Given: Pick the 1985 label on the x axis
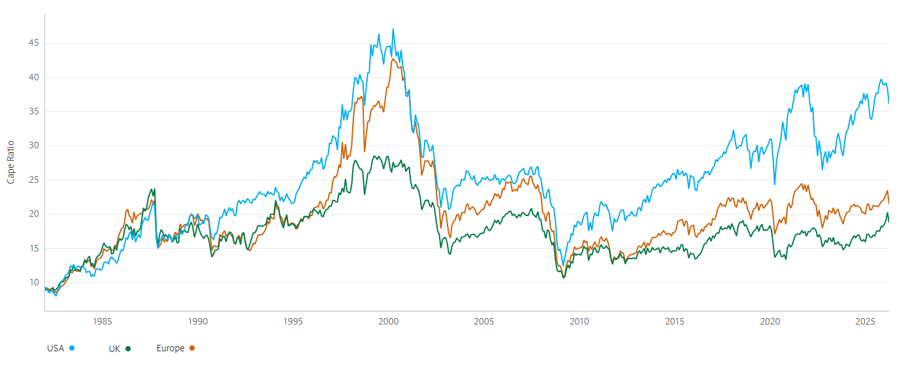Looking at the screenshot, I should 102,321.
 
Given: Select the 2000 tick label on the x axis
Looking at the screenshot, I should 388,321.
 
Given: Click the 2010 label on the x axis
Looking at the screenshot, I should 579,321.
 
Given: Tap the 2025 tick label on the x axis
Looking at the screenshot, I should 865,321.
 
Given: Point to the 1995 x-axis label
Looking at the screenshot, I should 293,321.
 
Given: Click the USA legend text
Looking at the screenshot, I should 56,348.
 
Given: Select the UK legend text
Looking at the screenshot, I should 115,348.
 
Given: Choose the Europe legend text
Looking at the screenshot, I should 171,348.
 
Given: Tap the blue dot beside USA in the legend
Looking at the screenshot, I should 72,348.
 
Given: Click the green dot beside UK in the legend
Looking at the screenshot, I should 129,348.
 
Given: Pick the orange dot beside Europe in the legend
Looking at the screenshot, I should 192,348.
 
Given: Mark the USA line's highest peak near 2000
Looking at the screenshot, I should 393,29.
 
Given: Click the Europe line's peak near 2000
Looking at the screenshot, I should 393,59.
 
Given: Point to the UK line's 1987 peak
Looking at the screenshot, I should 155,189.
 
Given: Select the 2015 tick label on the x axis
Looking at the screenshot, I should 674,321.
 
